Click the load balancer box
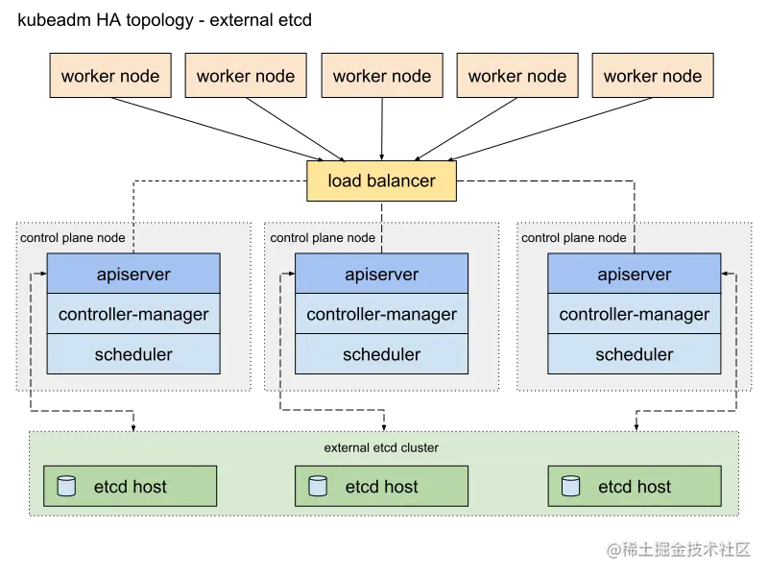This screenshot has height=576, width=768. click(x=382, y=181)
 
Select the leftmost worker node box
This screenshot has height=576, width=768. click(x=110, y=77)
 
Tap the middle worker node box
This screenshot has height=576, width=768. click(x=382, y=77)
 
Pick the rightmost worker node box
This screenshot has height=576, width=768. click(x=653, y=77)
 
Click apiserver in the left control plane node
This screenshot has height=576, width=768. click(x=133, y=275)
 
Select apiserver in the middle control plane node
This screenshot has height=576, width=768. click(x=381, y=275)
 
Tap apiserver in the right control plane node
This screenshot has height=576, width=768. click(x=634, y=275)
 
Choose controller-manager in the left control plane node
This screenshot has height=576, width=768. click(x=133, y=315)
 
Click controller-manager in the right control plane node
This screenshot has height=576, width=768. click(x=634, y=315)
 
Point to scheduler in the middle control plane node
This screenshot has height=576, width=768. click(x=381, y=355)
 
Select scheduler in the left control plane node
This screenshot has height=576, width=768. click(x=133, y=355)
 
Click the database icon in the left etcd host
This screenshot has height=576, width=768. click(x=66, y=487)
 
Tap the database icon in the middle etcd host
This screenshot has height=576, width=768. click(x=318, y=487)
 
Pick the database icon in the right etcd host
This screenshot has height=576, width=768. click(x=570, y=487)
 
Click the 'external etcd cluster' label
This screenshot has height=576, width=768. click(x=381, y=448)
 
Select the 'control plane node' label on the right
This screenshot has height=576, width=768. click(x=573, y=238)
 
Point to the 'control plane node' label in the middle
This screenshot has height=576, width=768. click(x=323, y=238)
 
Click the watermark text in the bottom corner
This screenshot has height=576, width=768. click(x=678, y=548)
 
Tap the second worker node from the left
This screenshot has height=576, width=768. click(x=246, y=77)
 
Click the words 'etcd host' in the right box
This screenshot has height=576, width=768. click(x=635, y=487)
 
